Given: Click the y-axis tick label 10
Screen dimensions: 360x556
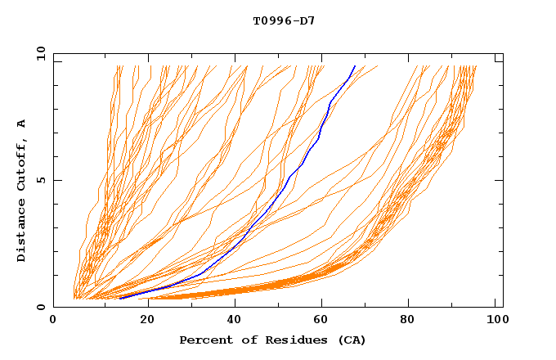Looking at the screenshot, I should (40, 53).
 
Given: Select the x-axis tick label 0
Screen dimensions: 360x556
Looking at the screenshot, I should (53, 321).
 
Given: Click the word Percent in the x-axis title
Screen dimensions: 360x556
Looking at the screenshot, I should (204, 340).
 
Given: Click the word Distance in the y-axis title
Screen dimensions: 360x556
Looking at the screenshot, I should (22, 230).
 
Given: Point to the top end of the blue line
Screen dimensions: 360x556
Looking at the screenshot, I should (355, 66).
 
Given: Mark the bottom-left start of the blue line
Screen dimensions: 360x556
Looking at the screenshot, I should (120, 298).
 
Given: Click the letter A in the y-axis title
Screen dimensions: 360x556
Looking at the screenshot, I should (22, 123).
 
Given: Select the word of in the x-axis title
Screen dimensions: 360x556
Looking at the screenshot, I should (243, 340).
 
